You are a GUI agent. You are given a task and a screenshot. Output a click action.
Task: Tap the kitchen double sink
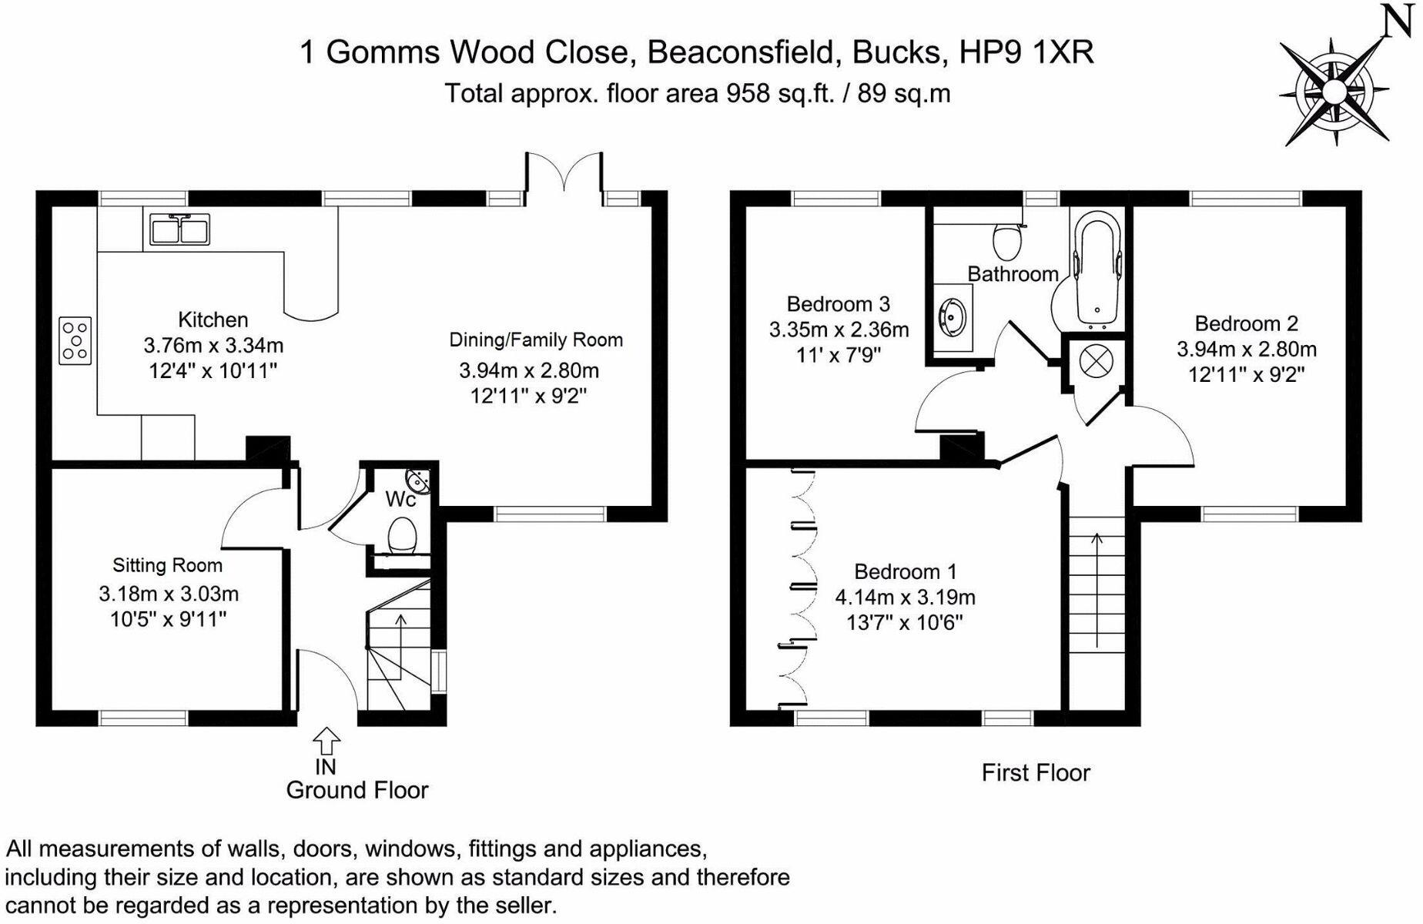[x=179, y=229]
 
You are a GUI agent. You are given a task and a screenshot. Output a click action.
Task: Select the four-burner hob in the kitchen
[x=75, y=340]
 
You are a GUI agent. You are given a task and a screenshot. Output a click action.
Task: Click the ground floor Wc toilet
[x=402, y=534]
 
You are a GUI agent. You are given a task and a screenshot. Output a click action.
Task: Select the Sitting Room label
[x=167, y=565]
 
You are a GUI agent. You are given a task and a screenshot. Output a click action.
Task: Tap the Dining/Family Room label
[x=536, y=340]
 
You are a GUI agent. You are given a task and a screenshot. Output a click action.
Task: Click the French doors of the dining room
[x=564, y=172]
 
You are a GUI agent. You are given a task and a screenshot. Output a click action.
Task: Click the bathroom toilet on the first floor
[x=1006, y=240]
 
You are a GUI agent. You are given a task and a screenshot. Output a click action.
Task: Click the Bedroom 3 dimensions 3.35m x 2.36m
[x=839, y=330]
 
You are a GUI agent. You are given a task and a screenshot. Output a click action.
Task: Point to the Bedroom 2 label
[x=1246, y=323]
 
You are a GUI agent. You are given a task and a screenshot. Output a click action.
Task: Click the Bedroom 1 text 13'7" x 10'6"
[x=905, y=622]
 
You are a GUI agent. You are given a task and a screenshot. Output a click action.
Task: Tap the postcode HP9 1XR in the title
[x=1026, y=52]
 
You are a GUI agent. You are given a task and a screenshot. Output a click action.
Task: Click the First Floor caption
[x=1035, y=772]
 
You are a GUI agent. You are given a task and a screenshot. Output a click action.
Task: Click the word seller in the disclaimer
[x=515, y=905]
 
